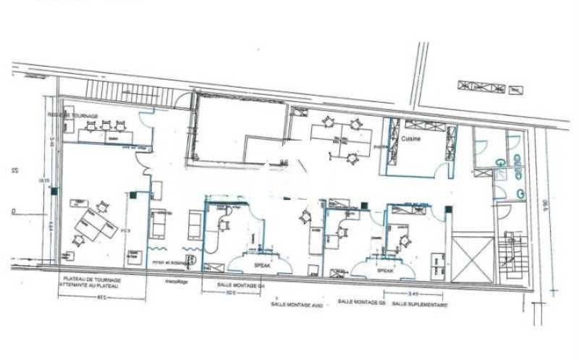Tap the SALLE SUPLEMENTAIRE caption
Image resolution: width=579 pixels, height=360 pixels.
point(419,305)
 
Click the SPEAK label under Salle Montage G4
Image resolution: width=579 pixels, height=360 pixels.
point(261,265)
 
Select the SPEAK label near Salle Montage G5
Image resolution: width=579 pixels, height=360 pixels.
point(385,270)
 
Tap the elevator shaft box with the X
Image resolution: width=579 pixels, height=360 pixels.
point(471,258)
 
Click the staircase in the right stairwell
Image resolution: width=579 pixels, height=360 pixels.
point(510,257)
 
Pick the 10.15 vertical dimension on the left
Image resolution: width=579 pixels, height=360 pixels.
point(44,180)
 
